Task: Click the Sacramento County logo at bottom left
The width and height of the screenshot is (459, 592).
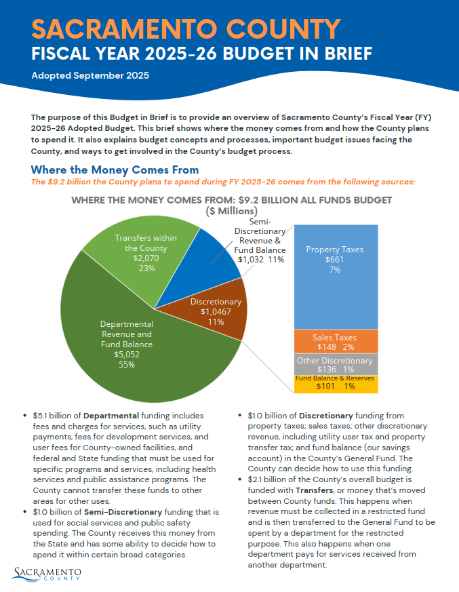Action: click(47, 573)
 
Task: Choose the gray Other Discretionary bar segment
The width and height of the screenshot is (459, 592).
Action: click(334, 364)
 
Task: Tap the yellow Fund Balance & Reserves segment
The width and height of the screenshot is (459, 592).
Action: click(334, 384)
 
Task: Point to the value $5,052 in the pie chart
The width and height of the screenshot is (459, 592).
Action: click(127, 354)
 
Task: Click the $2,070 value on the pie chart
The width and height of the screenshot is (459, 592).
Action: click(146, 258)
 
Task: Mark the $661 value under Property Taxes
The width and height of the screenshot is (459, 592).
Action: click(334, 260)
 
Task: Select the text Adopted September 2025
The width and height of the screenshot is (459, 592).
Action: click(90, 75)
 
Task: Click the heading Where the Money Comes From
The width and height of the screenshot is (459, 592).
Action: click(115, 170)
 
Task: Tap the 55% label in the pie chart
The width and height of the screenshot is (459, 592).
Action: click(127, 364)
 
